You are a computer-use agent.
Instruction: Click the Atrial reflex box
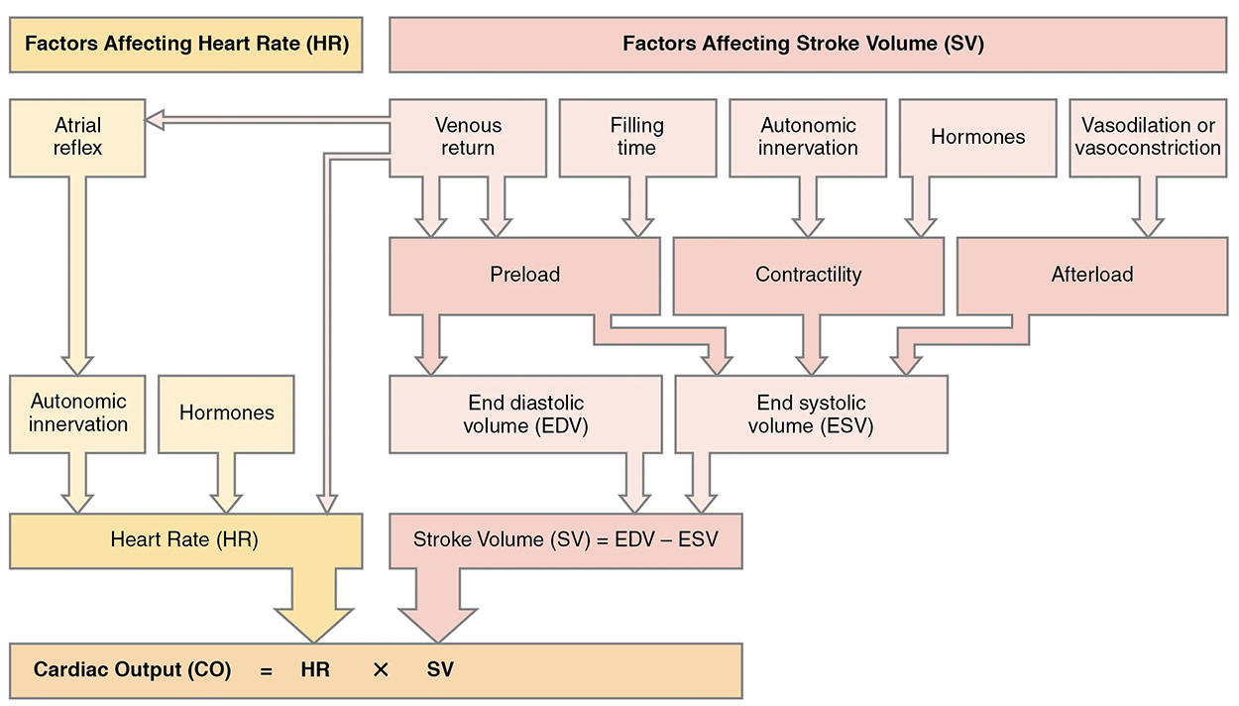[x=77, y=137]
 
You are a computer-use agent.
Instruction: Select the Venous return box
[x=468, y=137]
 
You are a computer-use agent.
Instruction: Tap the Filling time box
[x=636, y=137]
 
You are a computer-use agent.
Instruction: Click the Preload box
[x=524, y=275]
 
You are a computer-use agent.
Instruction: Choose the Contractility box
[x=808, y=275]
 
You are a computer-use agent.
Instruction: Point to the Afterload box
[x=1091, y=275]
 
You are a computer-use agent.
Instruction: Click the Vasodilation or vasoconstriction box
[x=1148, y=137]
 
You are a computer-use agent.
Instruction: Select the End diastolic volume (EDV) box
[x=524, y=414]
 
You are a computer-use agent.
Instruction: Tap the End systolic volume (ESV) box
[x=811, y=414]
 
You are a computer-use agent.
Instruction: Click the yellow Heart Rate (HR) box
[x=184, y=540]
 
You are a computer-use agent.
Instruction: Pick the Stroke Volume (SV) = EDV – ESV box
[x=565, y=540]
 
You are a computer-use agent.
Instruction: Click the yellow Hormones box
[x=226, y=413]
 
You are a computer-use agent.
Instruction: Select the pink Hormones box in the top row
[x=977, y=137]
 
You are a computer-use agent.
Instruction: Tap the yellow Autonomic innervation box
[x=78, y=413]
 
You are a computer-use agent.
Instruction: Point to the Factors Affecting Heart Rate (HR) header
[x=185, y=45]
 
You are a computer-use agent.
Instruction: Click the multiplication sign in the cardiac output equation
[x=380, y=670]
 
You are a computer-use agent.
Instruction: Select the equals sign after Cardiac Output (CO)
[x=266, y=670]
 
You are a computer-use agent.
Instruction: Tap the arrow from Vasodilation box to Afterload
[x=1148, y=207]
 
